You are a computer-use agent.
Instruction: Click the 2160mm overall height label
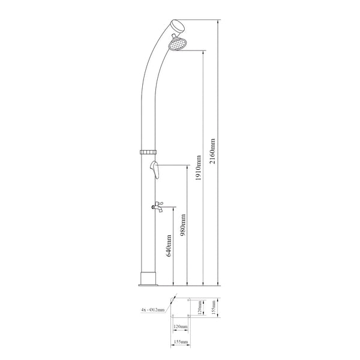pyautogui.click(x=214, y=152)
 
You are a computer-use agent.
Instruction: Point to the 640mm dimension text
pyautogui.click(x=169, y=246)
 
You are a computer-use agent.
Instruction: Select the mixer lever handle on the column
pyautogui.click(x=154, y=169)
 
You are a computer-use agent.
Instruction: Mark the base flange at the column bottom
pyautogui.click(x=149, y=279)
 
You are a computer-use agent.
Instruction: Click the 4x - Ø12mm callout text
pyautogui.click(x=152, y=310)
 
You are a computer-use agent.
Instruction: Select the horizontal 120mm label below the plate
pyautogui.click(x=180, y=327)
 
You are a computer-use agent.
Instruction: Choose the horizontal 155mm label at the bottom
pyautogui.click(x=180, y=341)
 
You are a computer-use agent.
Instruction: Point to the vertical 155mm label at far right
pyautogui.click(x=214, y=308)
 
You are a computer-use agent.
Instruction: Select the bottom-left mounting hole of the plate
pyautogui.click(x=173, y=316)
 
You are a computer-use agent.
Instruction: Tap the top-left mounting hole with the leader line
pyautogui.click(x=173, y=301)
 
